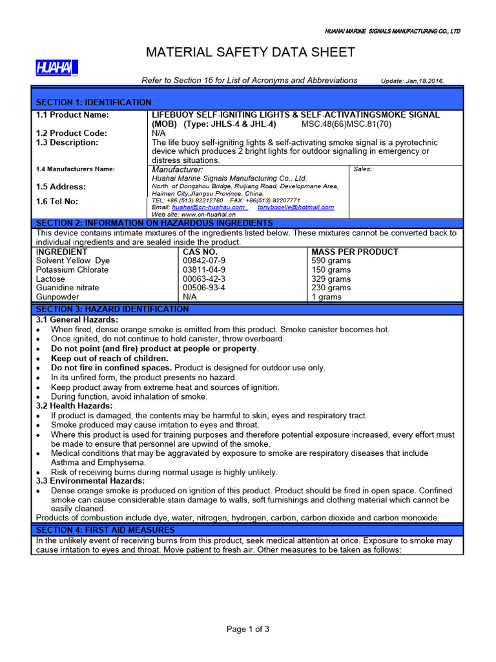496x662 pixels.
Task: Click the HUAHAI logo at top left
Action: click(56, 67)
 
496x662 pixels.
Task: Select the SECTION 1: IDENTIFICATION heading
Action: click(94, 102)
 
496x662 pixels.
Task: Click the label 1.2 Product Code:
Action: click(72, 133)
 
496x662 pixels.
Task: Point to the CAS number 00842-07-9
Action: click(205, 261)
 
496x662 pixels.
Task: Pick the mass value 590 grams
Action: click(331, 261)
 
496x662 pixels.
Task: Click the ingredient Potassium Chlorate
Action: click(72, 270)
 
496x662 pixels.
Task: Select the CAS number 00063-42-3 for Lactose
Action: click(205, 279)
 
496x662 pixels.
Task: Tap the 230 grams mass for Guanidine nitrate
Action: click(331, 288)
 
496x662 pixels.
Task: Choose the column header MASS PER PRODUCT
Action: click(355, 251)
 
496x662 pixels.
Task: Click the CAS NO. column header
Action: click(200, 251)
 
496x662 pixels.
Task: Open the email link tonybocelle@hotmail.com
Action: click(296, 208)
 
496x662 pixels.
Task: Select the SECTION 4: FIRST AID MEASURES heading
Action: click(105, 530)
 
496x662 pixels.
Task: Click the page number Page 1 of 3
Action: click(248, 629)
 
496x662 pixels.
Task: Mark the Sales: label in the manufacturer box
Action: click(362, 169)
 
